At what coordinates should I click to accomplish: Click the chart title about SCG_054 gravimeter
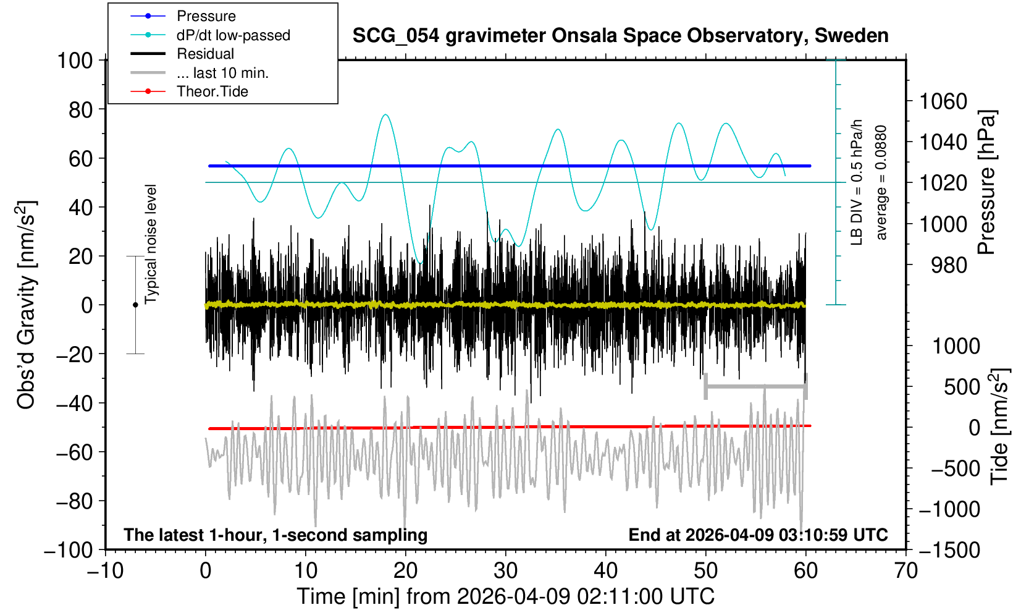620,36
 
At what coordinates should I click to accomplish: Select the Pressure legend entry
206,16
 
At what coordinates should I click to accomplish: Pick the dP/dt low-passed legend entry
233,35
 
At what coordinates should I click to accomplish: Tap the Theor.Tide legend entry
212,91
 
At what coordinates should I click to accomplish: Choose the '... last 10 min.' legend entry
222,73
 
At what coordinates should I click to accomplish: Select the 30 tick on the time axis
505,570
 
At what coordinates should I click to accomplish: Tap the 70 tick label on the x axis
905,570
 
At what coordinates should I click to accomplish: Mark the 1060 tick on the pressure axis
943,101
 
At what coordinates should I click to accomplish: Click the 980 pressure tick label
949,265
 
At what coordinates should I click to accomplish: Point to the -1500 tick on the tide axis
950,549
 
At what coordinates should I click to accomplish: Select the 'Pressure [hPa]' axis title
987,182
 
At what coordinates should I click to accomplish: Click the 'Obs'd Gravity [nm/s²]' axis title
27,305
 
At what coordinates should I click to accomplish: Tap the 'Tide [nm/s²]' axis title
999,426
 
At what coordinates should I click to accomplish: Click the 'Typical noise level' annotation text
150,244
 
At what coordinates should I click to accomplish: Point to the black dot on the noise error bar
135,305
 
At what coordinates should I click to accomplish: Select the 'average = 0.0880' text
881,182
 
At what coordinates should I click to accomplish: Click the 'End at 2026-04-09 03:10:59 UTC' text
758,535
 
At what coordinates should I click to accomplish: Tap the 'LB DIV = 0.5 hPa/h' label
856,182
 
